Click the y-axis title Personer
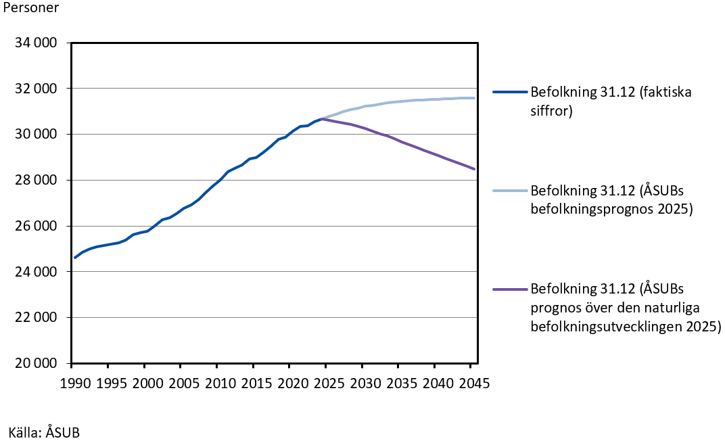point(30,9)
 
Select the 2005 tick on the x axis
point(181,383)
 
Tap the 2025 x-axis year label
point(326,383)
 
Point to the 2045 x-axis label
point(470,383)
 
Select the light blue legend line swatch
point(510,191)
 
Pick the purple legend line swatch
point(510,289)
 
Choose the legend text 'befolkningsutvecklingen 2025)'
point(626,327)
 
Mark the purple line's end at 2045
point(474,169)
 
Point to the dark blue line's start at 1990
point(74,258)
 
